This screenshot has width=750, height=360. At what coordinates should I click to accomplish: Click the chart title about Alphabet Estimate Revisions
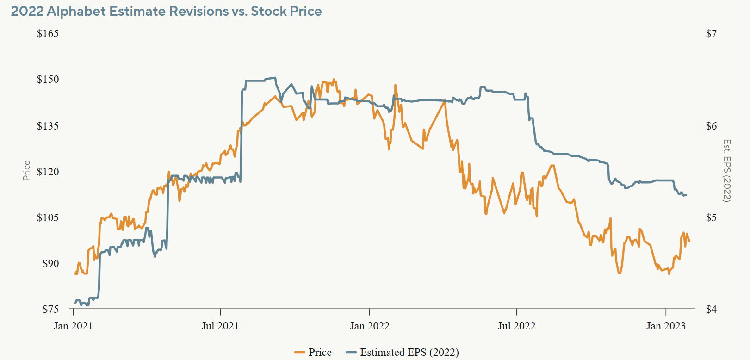coord(166,11)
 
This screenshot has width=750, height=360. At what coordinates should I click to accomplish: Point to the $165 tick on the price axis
coord(48,33)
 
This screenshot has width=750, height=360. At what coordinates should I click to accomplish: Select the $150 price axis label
coord(48,79)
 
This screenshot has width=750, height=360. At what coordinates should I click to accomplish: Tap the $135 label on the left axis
coord(48,126)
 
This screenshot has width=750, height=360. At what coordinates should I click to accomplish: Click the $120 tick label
coord(48,172)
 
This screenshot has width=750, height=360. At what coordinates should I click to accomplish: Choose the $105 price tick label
coord(48,217)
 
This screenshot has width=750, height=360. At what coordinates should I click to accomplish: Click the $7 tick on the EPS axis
coord(711,33)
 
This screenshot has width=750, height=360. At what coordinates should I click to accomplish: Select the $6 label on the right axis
coord(711,126)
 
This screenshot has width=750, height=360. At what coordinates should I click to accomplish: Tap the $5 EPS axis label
coord(711,217)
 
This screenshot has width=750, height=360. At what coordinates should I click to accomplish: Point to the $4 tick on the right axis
coord(711,309)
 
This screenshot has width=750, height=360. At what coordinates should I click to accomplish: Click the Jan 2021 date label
coord(73,326)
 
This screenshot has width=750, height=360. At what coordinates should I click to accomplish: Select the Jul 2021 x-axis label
coord(220,326)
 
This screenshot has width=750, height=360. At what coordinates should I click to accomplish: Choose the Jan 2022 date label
coord(370,326)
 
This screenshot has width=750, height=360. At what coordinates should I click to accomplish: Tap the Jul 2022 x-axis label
coord(516,326)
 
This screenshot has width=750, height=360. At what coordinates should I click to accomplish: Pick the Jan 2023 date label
coord(666,326)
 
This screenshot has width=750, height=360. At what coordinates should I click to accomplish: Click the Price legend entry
coord(313,352)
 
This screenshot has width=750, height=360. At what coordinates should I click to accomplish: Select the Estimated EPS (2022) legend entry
coord(402,352)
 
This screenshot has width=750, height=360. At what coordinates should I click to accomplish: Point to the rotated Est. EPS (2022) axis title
coord(726,171)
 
